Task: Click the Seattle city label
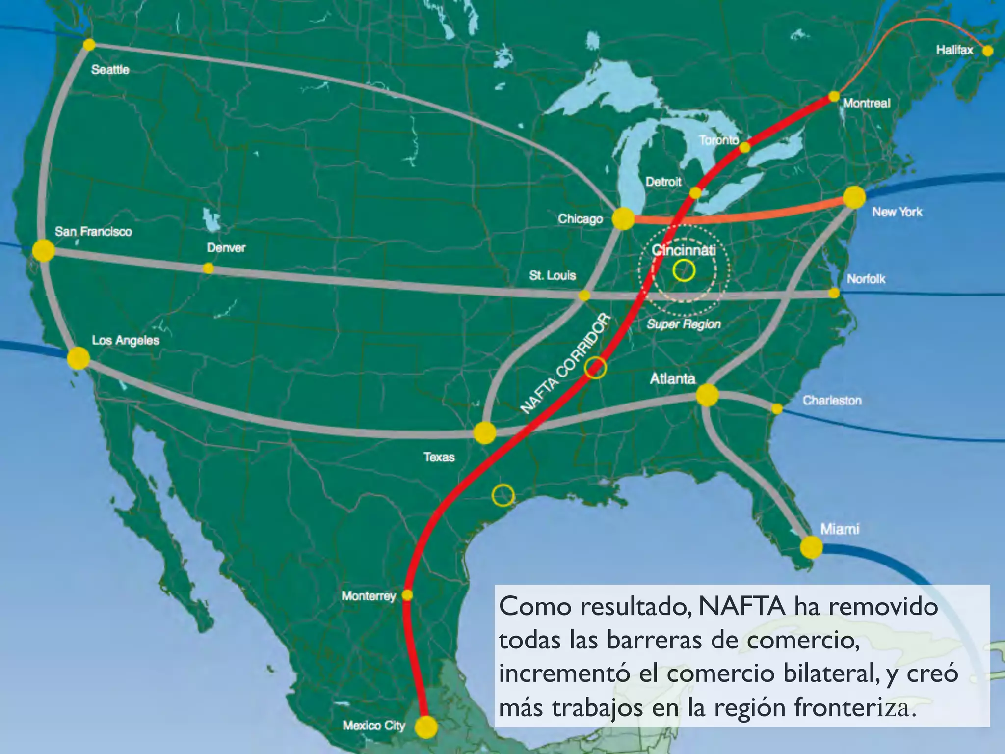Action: [x=110, y=70]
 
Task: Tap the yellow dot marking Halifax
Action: [x=988, y=51]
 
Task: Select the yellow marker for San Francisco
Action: [x=43, y=250]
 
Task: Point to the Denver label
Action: [x=226, y=248]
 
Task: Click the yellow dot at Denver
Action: [x=209, y=268]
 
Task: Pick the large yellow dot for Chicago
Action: [x=623, y=219]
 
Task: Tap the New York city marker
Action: [x=854, y=197]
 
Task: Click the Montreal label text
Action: [x=867, y=103]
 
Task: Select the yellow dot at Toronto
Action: [x=744, y=147]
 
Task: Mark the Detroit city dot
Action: [x=695, y=193]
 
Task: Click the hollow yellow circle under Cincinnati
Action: [x=684, y=270]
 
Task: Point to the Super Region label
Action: [x=684, y=324]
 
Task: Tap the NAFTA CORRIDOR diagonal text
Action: [x=565, y=364]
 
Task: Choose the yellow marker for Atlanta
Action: [x=707, y=395]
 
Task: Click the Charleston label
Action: [x=832, y=401]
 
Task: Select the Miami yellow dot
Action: [x=811, y=547]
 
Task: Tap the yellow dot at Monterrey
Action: [x=407, y=595]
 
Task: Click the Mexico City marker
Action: [x=426, y=727]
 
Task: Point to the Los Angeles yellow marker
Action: [x=79, y=358]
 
